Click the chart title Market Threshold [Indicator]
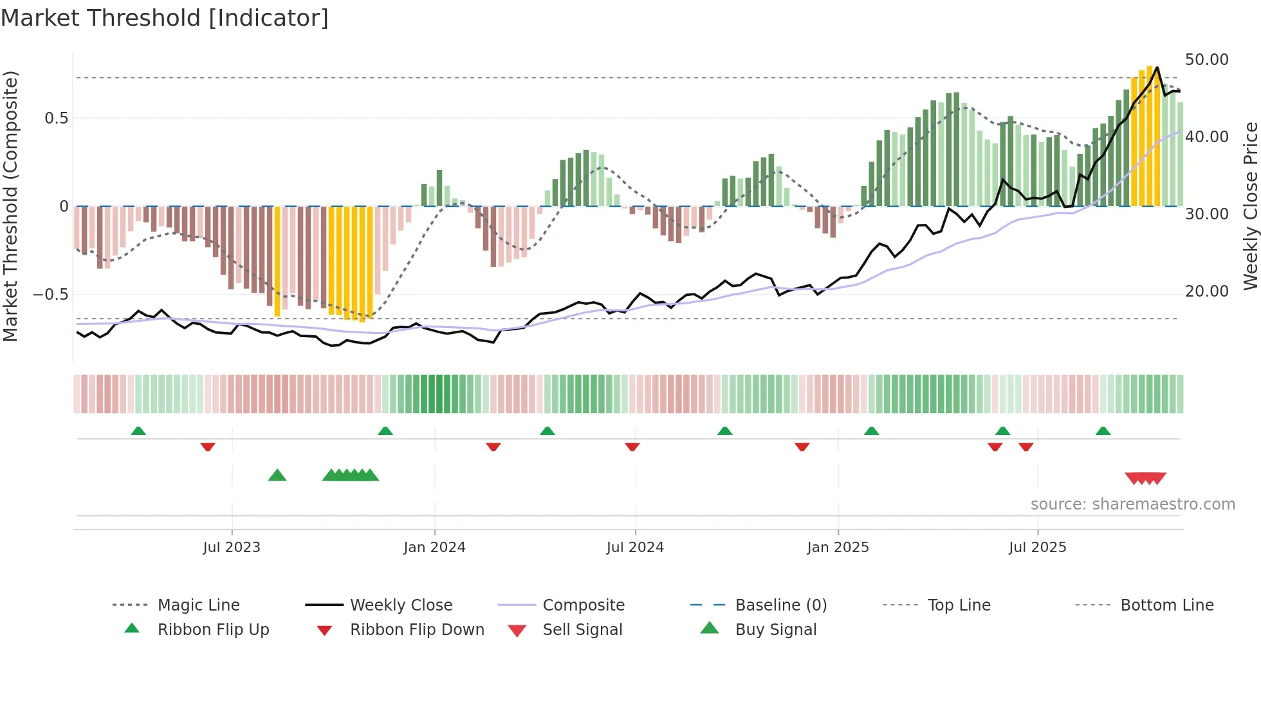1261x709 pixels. pos(165,18)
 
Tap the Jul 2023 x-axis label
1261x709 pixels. pos(232,547)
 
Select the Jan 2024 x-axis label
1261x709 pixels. pos(434,547)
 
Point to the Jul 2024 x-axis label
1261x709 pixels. pos(635,547)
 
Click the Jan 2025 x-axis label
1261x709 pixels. pos(838,547)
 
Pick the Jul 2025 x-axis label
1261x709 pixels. pos(1037,547)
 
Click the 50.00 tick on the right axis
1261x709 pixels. pos(1206,60)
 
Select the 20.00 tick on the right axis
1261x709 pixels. pos(1206,291)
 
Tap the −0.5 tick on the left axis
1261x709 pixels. pos(51,295)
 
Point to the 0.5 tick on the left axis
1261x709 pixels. pos(56,118)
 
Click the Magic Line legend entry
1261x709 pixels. pos(198,605)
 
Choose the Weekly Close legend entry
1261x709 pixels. pos(401,605)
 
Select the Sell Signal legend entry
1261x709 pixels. pos(582,629)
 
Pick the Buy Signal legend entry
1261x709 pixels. pos(775,629)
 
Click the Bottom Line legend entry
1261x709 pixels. pos(1166,605)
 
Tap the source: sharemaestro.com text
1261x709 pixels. pos(1132,504)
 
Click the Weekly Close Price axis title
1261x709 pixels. pos(1250,206)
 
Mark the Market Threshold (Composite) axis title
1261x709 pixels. pos(10,206)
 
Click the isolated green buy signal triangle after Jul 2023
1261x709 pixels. pos(277,475)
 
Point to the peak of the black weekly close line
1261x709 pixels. pos(1157,68)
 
